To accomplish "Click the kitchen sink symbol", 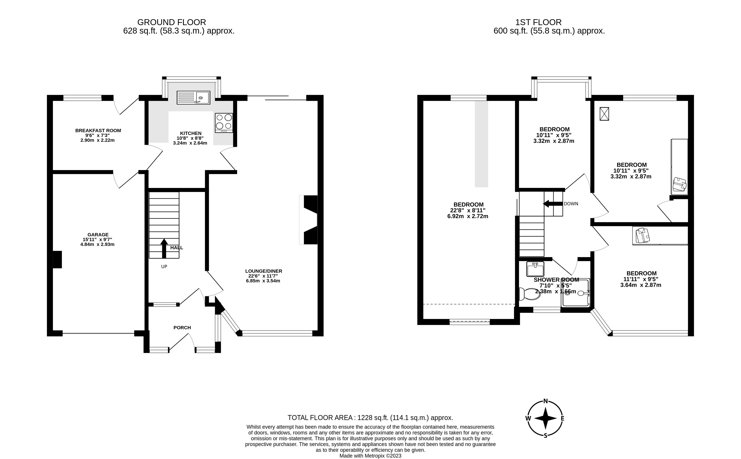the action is [x=193, y=98].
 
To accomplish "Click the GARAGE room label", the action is [x=98, y=234].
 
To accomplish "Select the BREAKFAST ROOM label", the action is [x=98, y=130].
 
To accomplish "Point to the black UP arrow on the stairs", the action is [x=164, y=248].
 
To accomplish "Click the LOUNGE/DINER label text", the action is [x=263, y=271].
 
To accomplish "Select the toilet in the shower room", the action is [x=530, y=294].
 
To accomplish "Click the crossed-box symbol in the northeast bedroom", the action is [x=604, y=114].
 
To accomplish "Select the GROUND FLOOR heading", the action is [x=171, y=22].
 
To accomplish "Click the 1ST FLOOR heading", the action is [x=538, y=22].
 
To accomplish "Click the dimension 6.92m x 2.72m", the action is [x=468, y=216].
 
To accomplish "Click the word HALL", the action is [x=176, y=248].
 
